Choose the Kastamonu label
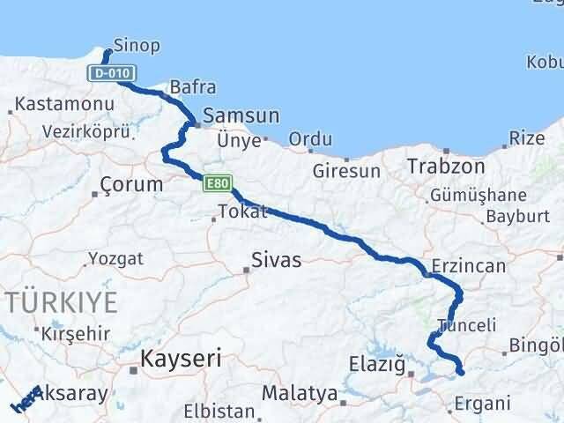65,105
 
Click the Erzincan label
469,266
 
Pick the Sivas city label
276,261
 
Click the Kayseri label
182,359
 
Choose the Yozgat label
115,259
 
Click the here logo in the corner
25,401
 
